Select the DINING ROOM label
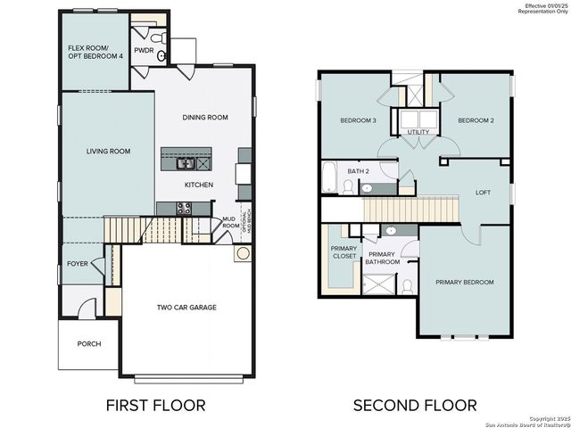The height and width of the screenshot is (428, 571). pyautogui.click(x=205, y=117)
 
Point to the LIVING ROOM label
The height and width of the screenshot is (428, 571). pyautogui.click(x=108, y=152)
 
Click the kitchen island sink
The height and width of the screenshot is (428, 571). pyautogui.click(x=186, y=163)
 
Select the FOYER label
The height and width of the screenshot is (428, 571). pyautogui.click(x=79, y=264)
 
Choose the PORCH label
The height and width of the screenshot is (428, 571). pyautogui.click(x=89, y=344)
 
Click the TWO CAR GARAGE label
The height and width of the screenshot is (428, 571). pyautogui.click(x=186, y=308)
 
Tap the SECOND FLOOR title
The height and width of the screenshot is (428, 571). pyautogui.click(x=415, y=405)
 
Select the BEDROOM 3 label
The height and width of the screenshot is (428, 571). pyautogui.click(x=358, y=120)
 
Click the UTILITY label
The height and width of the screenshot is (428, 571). pyautogui.click(x=418, y=132)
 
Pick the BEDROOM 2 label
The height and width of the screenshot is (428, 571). pyautogui.click(x=476, y=120)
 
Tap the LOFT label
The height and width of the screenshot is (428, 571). pyautogui.click(x=483, y=192)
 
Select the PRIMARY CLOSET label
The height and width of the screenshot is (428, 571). pyautogui.click(x=343, y=251)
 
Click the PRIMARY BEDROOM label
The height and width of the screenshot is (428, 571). pyautogui.click(x=464, y=282)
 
